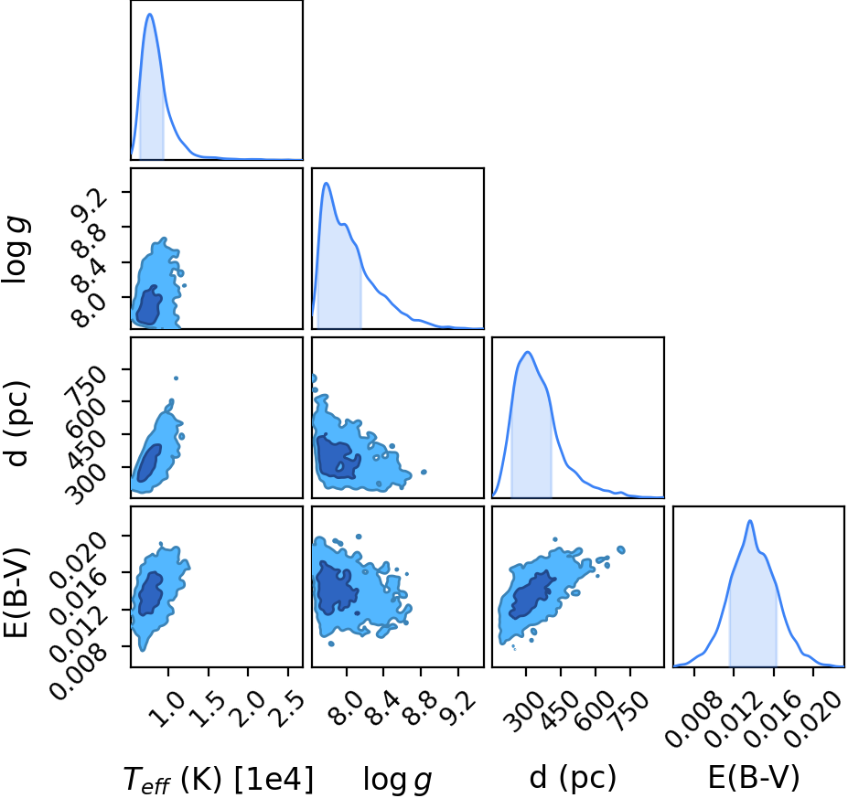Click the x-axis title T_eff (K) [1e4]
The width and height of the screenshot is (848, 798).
tap(219, 779)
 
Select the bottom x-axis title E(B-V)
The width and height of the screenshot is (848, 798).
tap(754, 778)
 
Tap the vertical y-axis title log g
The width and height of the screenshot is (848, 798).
tap(16, 249)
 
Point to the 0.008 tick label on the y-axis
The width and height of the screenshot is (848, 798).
tap(79, 671)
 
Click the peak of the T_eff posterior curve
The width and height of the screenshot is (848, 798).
tap(150, 14)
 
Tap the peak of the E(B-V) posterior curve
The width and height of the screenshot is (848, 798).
tap(749, 521)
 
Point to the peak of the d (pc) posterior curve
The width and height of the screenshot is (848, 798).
tap(527, 352)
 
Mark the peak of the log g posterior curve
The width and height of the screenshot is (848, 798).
tap(326, 183)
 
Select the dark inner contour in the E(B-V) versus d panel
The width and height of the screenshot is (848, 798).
tap(532, 594)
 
